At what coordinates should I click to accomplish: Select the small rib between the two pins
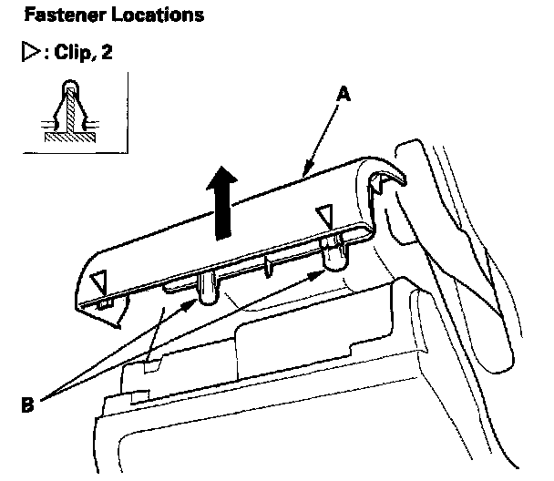click(x=269, y=268)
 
